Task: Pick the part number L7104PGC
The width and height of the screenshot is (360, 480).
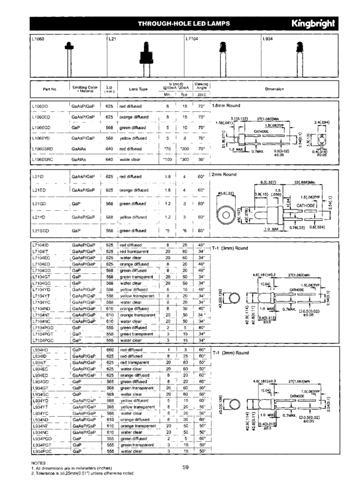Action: click(45, 341)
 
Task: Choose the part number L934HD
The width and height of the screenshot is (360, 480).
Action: click(40, 351)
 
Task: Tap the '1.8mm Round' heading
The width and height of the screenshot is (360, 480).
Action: click(226, 106)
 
